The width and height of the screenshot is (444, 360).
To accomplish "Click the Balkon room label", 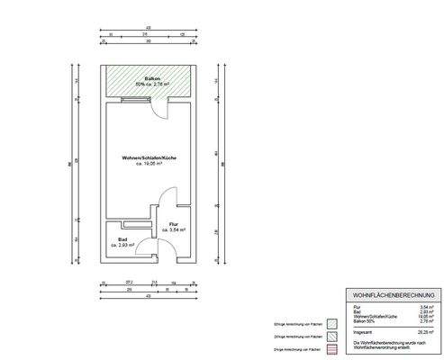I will [x=148, y=78].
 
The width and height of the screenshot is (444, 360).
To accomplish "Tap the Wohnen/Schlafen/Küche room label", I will [x=149, y=158].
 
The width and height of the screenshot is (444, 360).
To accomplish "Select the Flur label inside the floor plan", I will [x=175, y=224].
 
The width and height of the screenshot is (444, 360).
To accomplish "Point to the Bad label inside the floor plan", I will [x=122, y=238].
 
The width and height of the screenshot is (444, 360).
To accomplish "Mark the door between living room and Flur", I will [x=165, y=202].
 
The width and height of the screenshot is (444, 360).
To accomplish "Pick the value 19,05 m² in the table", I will [x=422, y=317].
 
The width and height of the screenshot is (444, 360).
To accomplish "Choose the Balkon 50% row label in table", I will [x=358, y=321].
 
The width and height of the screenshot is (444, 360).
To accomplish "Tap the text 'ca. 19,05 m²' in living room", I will [x=149, y=165].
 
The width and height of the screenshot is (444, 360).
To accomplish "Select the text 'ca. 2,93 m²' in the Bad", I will [x=122, y=245].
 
